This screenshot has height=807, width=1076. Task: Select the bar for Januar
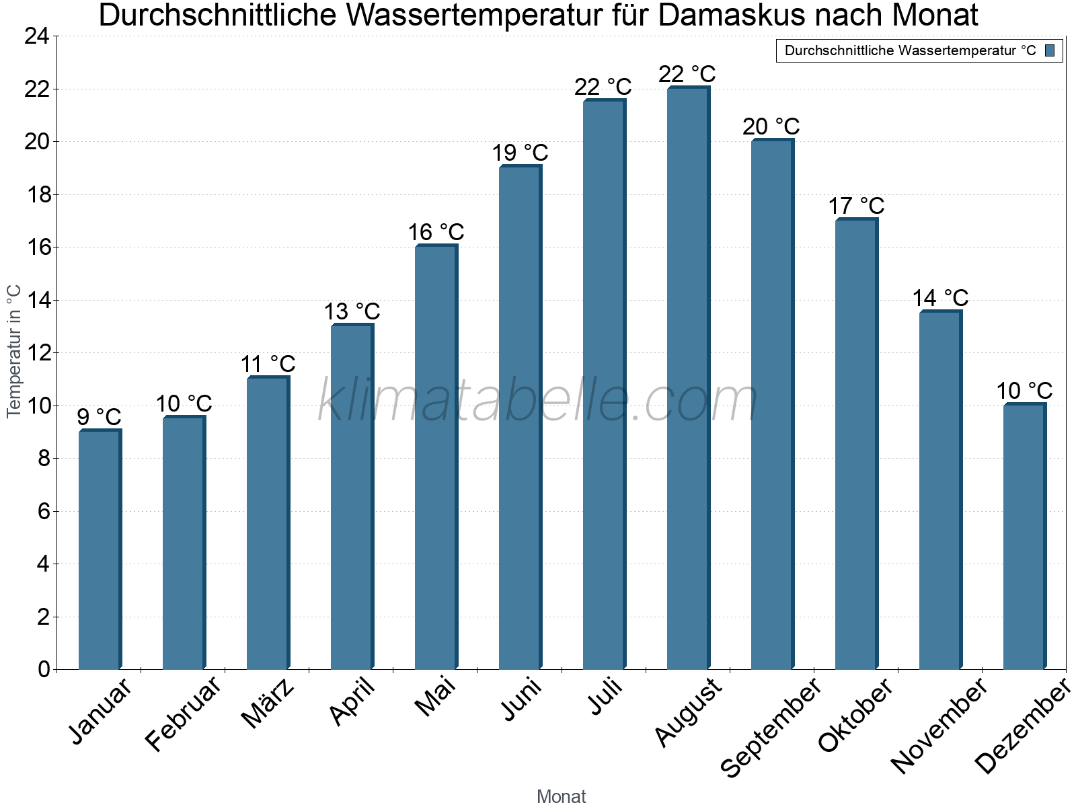[x=100, y=549]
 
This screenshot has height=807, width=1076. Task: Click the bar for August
[x=688, y=378]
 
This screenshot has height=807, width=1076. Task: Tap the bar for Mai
[x=436, y=457]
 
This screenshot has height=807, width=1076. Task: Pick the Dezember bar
[x=1024, y=536]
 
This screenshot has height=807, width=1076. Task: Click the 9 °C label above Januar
[x=100, y=417]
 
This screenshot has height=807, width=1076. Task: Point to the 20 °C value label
[x=771, y=126]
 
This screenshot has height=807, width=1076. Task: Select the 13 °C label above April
[x=352, y=311]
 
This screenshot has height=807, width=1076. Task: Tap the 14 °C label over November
[x=940, y=298]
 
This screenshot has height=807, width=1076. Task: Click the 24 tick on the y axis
[x=37, y=36]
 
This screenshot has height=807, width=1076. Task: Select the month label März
[x=268, y=703]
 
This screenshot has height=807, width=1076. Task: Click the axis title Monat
[x=562, y=796]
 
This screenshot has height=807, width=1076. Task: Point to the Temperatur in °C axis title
[x=14, y=352]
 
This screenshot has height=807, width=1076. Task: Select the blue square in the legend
[x=1050, y=50]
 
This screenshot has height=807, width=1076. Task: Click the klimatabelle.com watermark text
[x=538, y=401]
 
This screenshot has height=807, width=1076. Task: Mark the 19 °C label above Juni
[x=520, y=153]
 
